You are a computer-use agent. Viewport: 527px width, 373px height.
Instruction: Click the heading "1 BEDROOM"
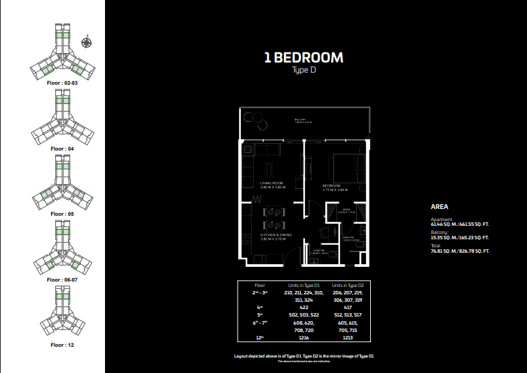point(304,58)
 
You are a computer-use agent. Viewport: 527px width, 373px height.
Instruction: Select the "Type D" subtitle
point(304,71)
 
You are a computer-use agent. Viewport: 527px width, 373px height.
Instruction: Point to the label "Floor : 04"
point(63,147)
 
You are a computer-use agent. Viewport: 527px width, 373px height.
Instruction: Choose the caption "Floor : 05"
point(63,213)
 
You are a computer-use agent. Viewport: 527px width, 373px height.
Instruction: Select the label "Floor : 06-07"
point(63,279)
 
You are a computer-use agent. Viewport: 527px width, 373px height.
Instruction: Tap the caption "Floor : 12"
point(63,344)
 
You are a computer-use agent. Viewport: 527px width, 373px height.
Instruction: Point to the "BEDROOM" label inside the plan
point(331,185)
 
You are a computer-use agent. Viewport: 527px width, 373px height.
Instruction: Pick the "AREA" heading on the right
point(440,207)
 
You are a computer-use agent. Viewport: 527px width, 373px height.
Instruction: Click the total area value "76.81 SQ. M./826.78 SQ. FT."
point(460,251)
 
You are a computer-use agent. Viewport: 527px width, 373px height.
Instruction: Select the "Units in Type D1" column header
point(304,285)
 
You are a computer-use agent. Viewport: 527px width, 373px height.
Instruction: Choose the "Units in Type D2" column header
point(347,285)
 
